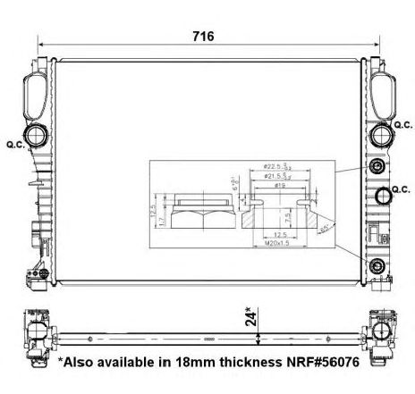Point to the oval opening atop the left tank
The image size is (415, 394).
(x=38, y=90)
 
